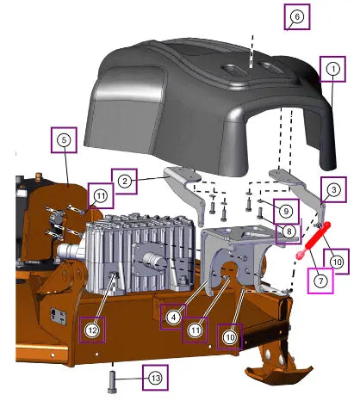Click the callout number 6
(297, 16)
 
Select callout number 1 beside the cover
(333, 69)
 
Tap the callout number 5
(64, 140)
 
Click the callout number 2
(124, 182)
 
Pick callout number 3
(333, 189)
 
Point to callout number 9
(286, 212)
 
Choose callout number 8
(289, 231)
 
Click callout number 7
(320, 281)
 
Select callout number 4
(173, 318)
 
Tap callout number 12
(92, 330)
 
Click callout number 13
(155, 378)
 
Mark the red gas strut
(313, 240)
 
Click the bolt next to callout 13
(112, 382)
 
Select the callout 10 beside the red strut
(337, 262)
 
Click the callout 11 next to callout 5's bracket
(101, 196)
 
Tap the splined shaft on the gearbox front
(154, 260)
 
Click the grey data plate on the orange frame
(59, 317)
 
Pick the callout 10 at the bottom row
(230, 337)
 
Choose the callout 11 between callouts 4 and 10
(196, 330)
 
